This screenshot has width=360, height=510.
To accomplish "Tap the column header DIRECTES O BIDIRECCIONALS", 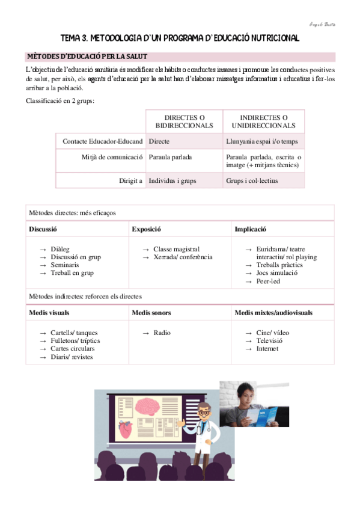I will pyautogui.click(x=184, y=121).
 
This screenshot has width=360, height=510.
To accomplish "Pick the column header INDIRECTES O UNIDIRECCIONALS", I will pyautogui.click(x=263, y=121).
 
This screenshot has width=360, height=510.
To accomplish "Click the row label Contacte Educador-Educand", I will pyautogui.click(x=103, y=141).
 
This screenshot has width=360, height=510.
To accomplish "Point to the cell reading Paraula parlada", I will pyautogui.click(x=170, y=157).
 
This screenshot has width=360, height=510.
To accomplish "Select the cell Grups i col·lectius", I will pyautogui.click(x=252, y=180).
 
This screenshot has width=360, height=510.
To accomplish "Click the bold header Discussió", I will pyautogui.click(x=43, y=229).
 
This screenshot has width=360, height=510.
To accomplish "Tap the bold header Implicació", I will pyautogui.click(x=251, y=229).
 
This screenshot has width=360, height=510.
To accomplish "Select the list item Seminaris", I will pyautogui.click(x=64, y=265).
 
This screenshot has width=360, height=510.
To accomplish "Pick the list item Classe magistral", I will pyautogui.click(x=176, y=249).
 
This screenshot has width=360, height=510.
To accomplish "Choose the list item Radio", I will pyautogui.click(x=162, y=333).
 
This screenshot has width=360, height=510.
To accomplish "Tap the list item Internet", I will pyautogui.click(x=267, y=348).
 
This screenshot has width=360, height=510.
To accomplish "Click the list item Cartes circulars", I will pyautogui.click(x=73, y=348).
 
